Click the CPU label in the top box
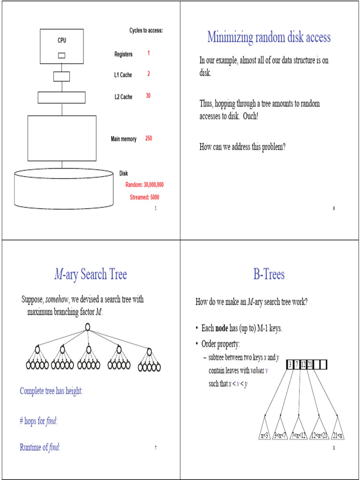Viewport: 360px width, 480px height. tap(62, 40)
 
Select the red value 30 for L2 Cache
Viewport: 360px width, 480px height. tap(148, 96)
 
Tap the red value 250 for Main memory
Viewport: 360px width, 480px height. tap(148, 138)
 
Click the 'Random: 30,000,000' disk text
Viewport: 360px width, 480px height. tap(144, 185)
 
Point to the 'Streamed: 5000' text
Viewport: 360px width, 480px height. tap(144, 197)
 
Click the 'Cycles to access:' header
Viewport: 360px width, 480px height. tap(146, 30)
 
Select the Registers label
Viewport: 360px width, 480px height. tap(123, 54)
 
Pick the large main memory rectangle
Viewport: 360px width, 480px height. tap(62, 138)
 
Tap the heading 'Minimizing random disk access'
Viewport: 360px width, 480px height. tap(269, 37)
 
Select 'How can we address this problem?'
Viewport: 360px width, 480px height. tap(242, 147)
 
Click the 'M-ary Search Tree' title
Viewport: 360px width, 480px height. tap(90, 274)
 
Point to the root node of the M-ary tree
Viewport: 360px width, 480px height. tap(88, 327)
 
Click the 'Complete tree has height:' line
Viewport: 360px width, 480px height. tap(51, 390)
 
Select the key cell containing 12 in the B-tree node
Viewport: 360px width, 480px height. tap(303, 365)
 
